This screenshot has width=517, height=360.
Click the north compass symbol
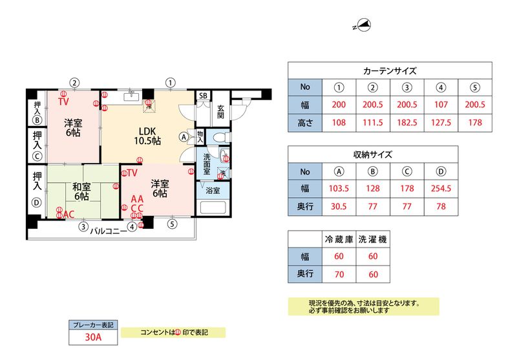363,25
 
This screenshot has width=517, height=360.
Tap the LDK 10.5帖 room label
147,136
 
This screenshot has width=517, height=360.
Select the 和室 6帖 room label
81,191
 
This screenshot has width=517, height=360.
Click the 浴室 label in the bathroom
213,191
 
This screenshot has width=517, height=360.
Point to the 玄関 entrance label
220,111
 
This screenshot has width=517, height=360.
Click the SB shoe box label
203,96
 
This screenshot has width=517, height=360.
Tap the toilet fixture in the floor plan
221,136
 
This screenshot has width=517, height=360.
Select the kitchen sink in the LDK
132,96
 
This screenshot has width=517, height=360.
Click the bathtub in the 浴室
213,207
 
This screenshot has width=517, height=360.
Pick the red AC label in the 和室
69,215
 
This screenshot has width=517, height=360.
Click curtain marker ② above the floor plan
75,83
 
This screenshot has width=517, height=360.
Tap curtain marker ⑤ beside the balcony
172,224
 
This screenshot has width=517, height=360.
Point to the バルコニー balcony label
109,231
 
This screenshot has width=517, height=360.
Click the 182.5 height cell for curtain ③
407,123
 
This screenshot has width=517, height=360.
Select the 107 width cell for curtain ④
441,105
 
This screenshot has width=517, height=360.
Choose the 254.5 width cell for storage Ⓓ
441,188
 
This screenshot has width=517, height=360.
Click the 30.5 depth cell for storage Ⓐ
339,206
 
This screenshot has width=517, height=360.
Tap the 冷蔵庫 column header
339,239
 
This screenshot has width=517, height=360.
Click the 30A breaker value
93,337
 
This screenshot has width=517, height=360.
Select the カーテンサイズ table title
390,71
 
